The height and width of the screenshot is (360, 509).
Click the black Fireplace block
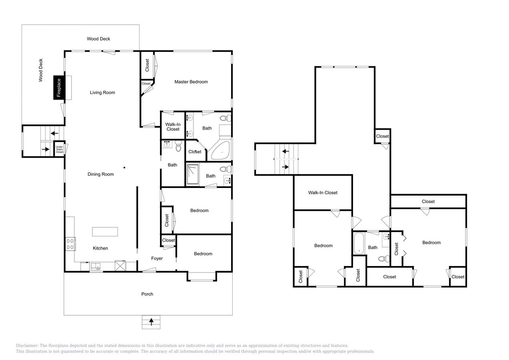(59, 88)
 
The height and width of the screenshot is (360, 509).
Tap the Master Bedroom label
(191, 82)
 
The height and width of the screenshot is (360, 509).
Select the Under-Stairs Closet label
(60, 149)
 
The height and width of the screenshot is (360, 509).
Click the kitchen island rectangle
(105, 232)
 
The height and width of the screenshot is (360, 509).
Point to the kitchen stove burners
(70, 244)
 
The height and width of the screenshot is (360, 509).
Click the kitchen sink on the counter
(96, 267)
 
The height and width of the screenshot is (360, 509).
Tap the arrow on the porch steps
(151, 321)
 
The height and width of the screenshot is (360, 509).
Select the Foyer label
(157, 258)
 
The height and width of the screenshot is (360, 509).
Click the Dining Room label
(101, 174)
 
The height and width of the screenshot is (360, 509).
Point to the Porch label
(147, 294)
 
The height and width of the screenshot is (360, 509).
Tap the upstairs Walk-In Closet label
(323, 193)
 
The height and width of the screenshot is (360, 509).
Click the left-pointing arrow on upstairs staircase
(286, 152)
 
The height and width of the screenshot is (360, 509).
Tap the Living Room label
(102, 93)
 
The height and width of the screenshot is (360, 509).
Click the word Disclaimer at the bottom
(27, 346)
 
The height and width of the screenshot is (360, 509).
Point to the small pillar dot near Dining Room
(124, 168)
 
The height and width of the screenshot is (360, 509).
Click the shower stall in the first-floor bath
(193, 174)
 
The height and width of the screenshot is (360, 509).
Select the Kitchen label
(100, 248)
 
